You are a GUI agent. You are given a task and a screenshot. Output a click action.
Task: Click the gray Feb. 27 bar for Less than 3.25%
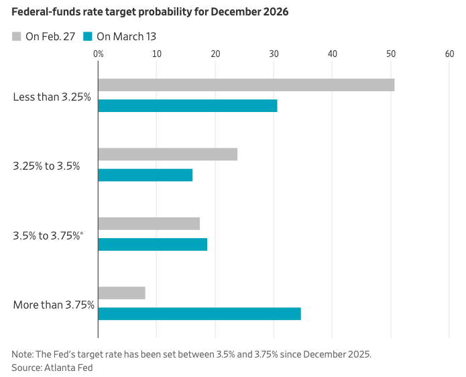point(246,85)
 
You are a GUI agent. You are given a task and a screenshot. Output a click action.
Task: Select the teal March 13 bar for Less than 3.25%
point(188,105)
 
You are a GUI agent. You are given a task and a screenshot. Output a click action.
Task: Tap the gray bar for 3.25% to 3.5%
point(168,154)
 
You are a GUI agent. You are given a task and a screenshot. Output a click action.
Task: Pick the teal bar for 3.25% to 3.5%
point(145,175)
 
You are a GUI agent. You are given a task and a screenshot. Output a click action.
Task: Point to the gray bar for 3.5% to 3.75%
point(149,223)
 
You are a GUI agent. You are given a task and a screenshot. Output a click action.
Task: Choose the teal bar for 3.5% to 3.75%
point(153,244)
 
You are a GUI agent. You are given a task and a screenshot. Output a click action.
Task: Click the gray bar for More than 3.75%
point(121,292)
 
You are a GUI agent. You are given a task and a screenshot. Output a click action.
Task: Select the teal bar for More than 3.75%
point(199,313)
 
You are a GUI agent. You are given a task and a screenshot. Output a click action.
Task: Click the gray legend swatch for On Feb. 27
point(17,36)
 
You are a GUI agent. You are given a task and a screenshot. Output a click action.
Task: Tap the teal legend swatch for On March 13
point(88,36)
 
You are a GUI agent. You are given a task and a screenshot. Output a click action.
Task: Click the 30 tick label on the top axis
point(274,53)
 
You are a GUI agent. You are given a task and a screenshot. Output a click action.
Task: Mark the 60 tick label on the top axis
point(449,53)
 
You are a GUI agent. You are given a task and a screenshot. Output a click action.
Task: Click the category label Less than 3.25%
point(52,97)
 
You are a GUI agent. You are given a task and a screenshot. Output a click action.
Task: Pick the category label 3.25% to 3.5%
point(46,166)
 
